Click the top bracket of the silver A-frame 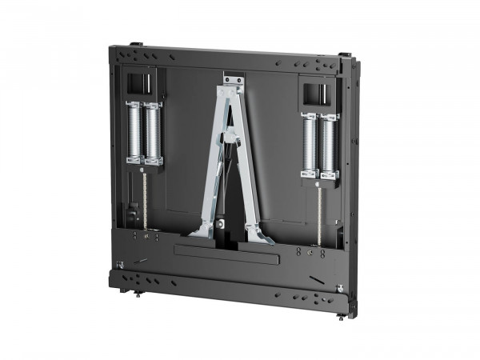point(232,81)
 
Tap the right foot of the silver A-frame point(259,235)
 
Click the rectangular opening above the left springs point(141,82)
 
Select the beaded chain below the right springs point(318,210)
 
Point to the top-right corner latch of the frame point(344,55)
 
